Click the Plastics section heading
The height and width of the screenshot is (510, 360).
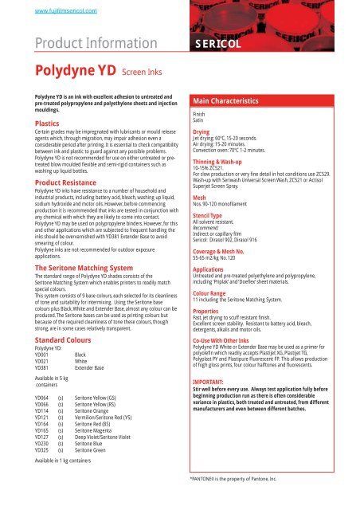pos(37,124)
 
